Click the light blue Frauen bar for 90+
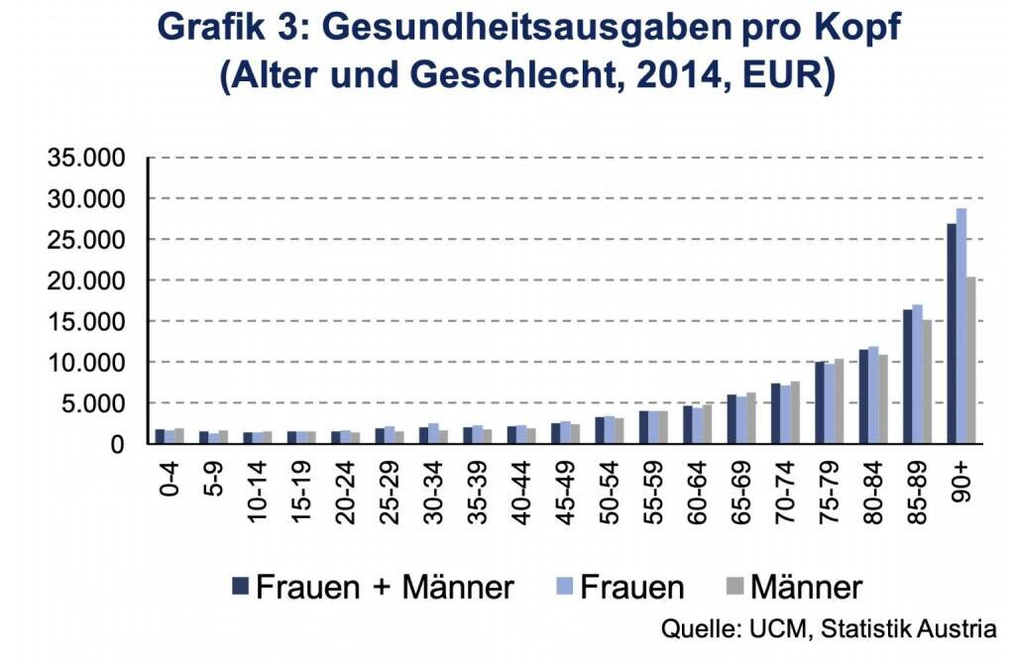pos(960,327)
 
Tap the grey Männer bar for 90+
pos(971,361)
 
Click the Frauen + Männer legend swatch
pos(240,587)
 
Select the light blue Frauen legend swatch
pos(557,587)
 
